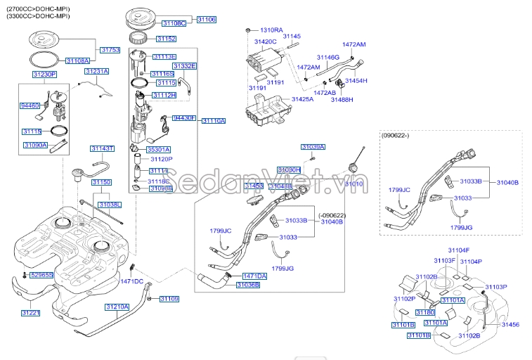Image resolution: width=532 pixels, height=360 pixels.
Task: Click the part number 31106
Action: [206, 20]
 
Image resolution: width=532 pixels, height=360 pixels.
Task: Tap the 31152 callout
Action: [166, 39]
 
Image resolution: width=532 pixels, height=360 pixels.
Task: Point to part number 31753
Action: [110, 50]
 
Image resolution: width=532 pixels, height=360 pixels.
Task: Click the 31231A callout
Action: [97, 71]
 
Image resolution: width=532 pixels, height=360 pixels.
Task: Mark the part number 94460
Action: [30, 105]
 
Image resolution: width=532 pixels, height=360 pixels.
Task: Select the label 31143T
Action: [102, 148]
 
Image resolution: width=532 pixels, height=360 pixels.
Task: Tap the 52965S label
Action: [42, 276]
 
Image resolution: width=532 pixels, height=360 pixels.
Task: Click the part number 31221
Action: [31, 312]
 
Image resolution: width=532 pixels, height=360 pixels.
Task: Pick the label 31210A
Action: [117, 307]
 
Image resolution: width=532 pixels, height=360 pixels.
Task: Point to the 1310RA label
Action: [271, 30]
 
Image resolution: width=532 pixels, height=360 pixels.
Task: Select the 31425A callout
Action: [303, 100]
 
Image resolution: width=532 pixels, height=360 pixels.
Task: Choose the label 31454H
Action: [356, 81]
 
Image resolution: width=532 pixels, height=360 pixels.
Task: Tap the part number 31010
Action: [354, 183]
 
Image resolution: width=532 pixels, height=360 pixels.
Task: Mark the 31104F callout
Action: [458, 250]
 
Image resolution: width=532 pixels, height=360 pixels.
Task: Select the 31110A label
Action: [214, 121]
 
